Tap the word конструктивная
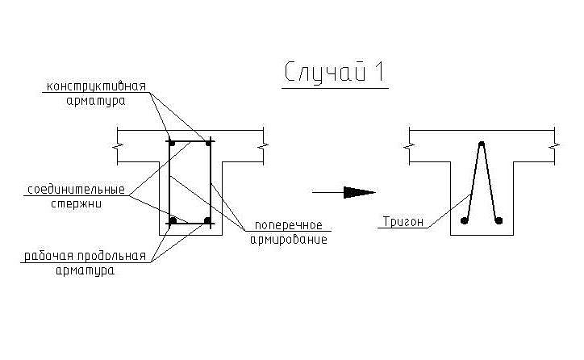point(96,86)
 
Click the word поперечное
point(289,224)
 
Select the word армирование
point(289,239)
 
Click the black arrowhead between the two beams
point(360,192)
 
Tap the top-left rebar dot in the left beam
point(172,143)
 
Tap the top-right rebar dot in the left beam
point(208,143)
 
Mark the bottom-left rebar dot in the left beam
point(172,220)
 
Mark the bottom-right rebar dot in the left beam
point(208,220)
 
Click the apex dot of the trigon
point(482,144)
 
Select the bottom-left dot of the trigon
point(463,220)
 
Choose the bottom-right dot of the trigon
point(498,220)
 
